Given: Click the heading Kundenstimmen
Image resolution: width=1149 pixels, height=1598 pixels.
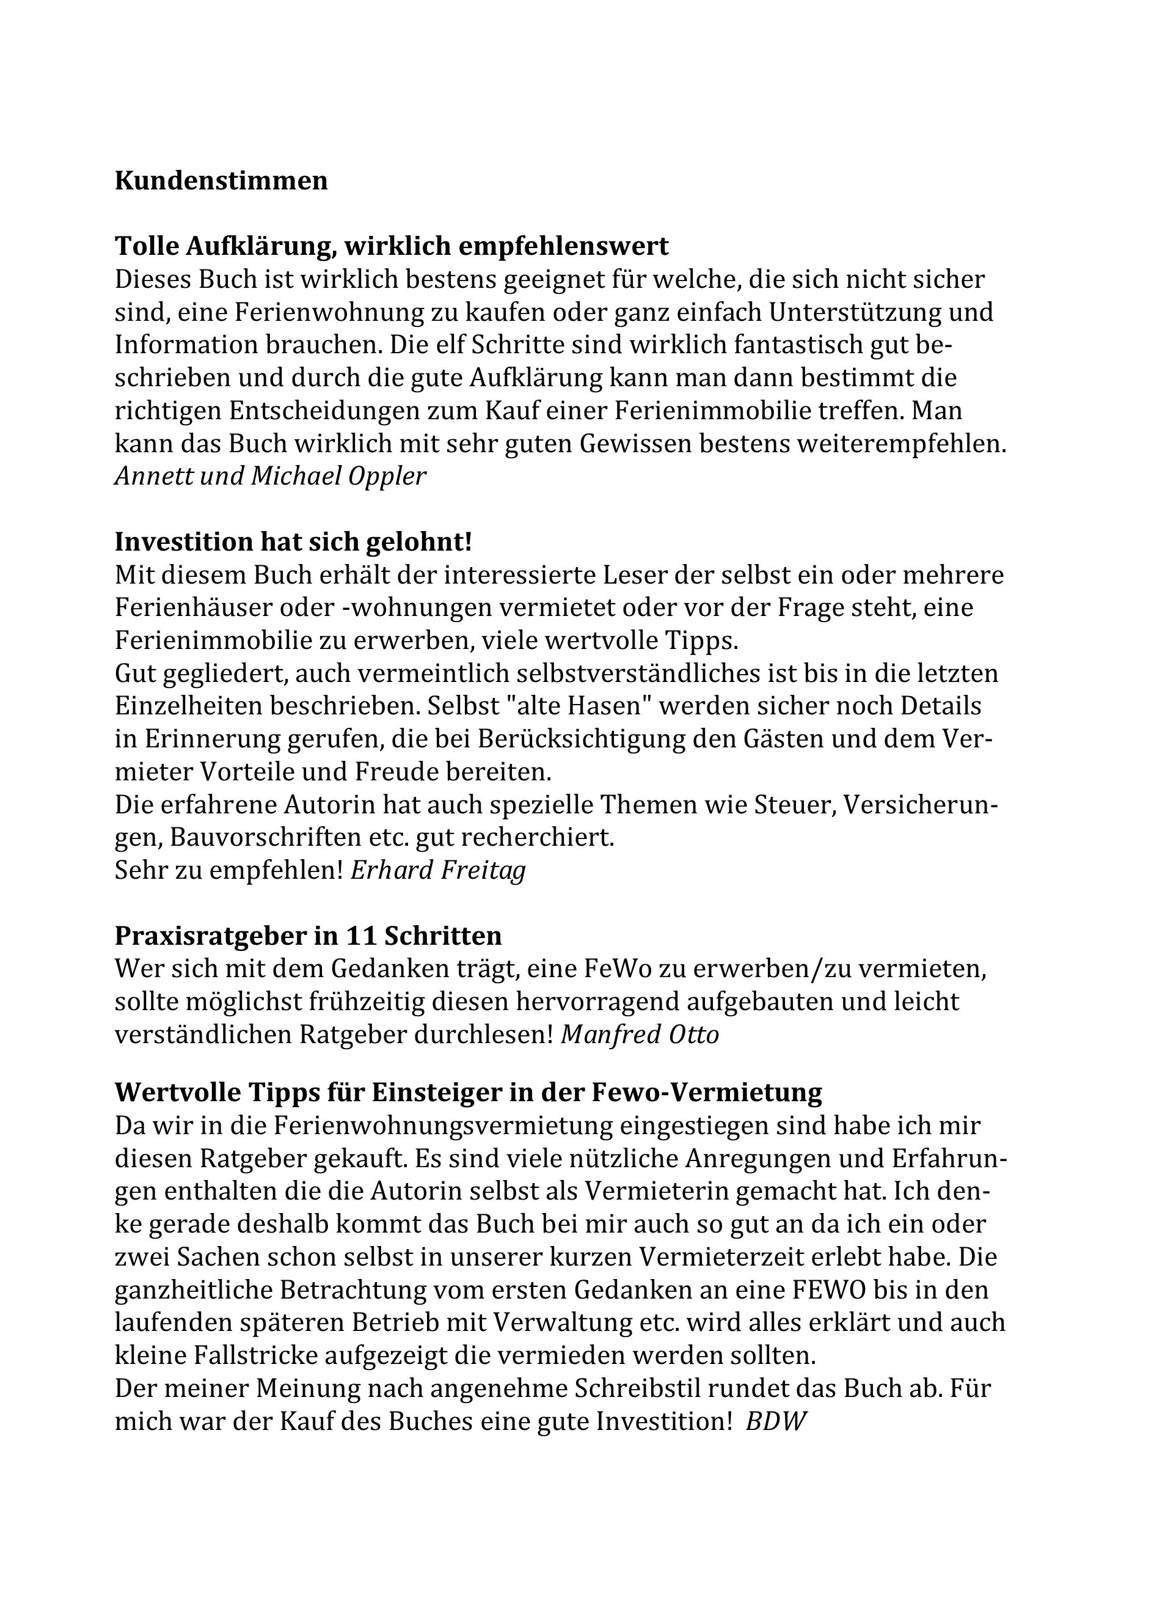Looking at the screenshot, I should point(221,181).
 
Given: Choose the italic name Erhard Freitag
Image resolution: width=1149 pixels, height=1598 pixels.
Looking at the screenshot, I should point(437,870).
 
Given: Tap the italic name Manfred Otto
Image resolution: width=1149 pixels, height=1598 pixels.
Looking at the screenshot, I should point(640,1035).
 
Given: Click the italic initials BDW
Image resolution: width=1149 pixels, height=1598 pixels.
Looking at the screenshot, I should point(775,1421).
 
